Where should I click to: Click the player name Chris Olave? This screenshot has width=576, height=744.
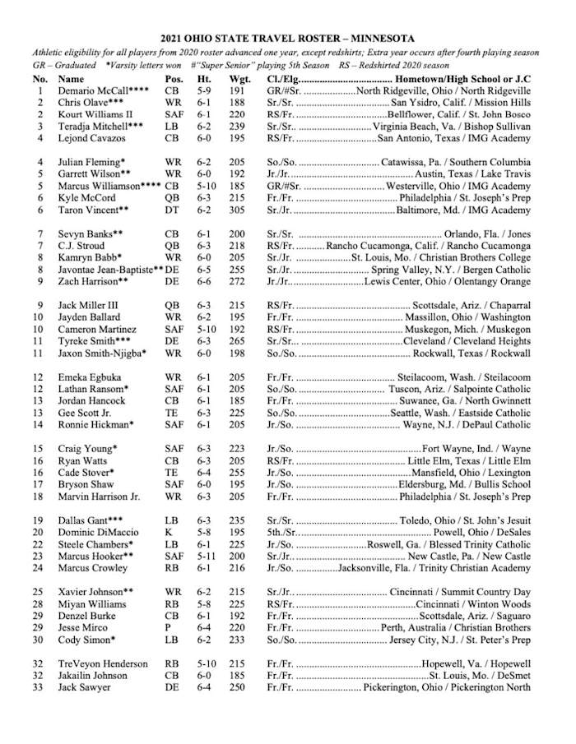pos(85,103)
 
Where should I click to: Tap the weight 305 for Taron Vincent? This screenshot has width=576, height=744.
pos(237,210)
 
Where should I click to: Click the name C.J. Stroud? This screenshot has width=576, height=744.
pos(81,246)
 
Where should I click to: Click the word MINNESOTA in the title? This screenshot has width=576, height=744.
pos(366,38)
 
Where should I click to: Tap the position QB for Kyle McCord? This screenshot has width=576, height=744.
pos(171,198)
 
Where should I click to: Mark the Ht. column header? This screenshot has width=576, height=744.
pos(204,79)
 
